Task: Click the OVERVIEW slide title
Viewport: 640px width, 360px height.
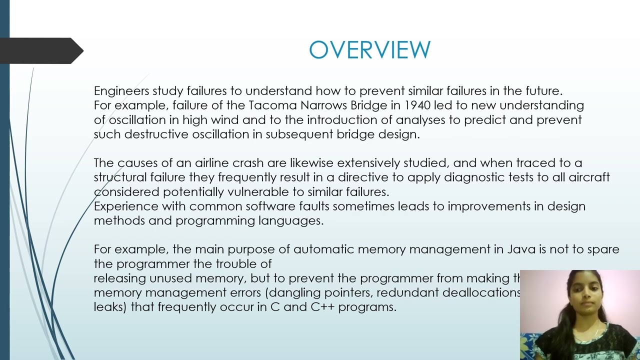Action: pos(369,50)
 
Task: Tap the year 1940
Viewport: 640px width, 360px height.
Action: pos(417,105)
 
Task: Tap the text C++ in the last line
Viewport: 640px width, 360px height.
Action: pos(322,307)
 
